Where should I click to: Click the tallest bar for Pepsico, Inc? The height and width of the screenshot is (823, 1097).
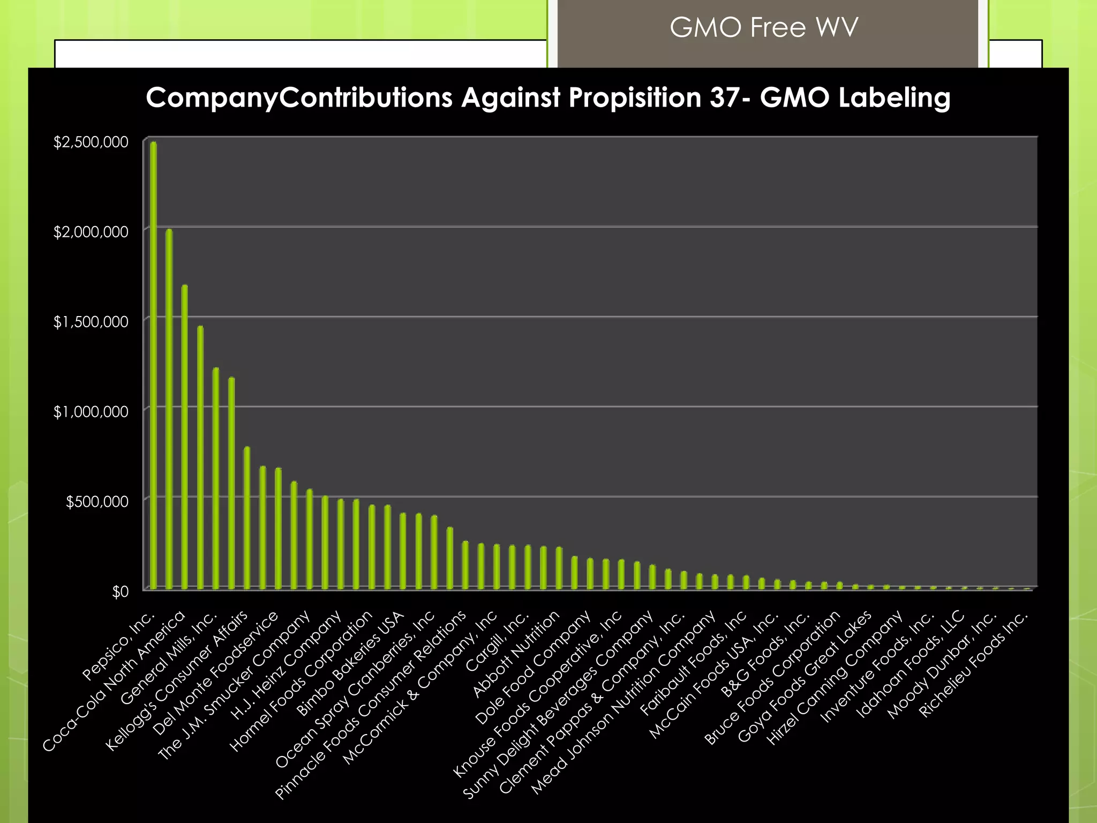pyautogui.click(x=154, y=364)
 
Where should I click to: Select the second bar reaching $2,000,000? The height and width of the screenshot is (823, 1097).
pyautogui.click(x=169, y=407)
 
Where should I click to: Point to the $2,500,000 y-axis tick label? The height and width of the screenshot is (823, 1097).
pyautogui.click(x=91, y=142)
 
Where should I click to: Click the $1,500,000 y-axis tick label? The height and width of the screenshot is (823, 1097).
pyautogui.click(x=91, y=321)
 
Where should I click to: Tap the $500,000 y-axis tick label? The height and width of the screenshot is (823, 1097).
pyautogui.click(x=97, y=502)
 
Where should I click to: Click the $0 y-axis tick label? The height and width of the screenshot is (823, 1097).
pyautogui.click(x=120, y=591)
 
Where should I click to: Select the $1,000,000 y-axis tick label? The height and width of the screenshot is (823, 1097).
pyautogui.click(x=91, y=411)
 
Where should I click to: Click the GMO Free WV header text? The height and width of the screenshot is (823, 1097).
pyautogui.click(x=764, y=28)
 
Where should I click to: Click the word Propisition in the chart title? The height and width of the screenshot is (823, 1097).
pyautogui.click(x=635, y=98)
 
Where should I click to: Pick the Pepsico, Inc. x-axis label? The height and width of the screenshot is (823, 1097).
pyautogui.click(x=119, y=646)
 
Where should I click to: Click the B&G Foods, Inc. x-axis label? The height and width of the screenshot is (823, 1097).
pyautogui.click(x=765, y=654)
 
